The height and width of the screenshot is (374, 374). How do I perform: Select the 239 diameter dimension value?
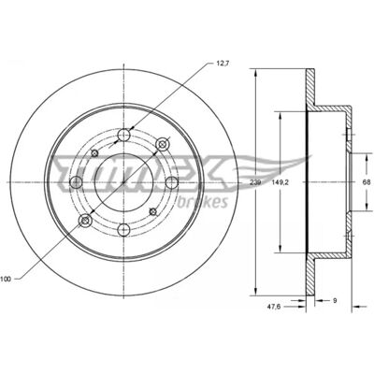point(255,182)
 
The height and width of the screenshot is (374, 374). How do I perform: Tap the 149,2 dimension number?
point(281,182)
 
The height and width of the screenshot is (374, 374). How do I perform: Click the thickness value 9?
point(335,301)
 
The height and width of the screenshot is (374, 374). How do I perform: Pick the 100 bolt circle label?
point(6,279)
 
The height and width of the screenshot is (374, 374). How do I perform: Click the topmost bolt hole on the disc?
point(124,135)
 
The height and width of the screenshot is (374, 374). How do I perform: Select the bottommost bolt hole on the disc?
point(124,230)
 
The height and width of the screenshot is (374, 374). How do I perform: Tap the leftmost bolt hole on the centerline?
point(77,182)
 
